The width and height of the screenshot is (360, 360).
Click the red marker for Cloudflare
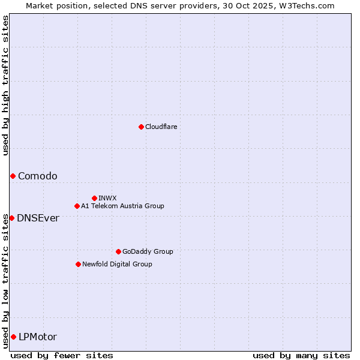141,127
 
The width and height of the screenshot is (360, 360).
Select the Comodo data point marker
13,176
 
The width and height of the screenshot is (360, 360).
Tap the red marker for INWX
94,198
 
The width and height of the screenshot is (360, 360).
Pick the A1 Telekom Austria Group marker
77,206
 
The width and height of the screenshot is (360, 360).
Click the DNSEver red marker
11,218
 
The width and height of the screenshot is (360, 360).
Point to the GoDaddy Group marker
118,251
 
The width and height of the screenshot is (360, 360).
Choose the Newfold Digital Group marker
78,264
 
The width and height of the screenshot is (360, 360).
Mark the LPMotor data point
13,337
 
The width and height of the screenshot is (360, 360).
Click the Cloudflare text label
161,127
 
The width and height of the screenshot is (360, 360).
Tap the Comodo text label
38,176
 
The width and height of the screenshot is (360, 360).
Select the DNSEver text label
38,218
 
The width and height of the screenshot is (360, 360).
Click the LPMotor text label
38,337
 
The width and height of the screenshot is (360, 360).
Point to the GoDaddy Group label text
148,251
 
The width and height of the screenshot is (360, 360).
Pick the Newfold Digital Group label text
117,264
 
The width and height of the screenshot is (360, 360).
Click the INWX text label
107,198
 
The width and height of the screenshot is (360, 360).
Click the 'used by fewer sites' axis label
62,355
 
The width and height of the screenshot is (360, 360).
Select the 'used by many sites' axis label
301,355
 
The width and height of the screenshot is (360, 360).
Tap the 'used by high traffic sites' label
5,85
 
